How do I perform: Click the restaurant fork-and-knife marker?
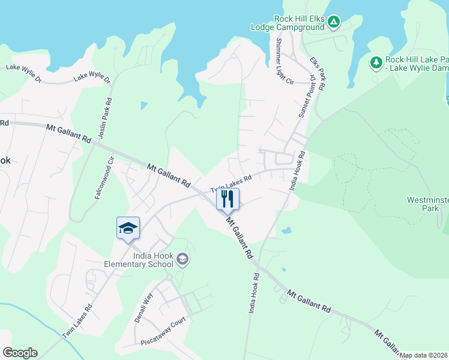[228, 199]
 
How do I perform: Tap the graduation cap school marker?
[128, 228]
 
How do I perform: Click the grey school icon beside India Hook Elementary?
[183, 259]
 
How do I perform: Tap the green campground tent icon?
[334, 23]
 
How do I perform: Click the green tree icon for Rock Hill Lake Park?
[376, 62]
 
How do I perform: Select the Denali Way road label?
[144, 308]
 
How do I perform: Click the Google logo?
[20, 353]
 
